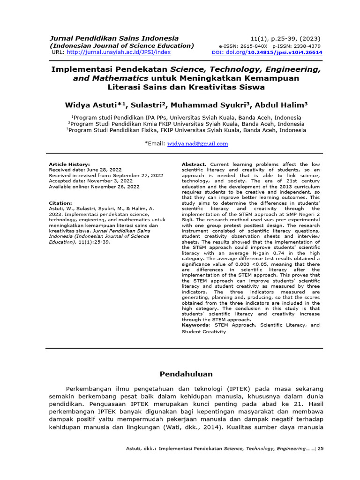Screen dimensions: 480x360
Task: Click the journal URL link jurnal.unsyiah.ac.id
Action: (x=119, y=52)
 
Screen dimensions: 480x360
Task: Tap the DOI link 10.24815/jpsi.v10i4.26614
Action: (x=285, y=52)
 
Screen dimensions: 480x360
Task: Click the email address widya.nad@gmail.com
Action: (x=197, y=144)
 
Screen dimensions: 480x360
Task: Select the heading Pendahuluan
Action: (x=186, y=374)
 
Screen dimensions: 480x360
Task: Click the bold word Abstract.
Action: (x=194, y=165)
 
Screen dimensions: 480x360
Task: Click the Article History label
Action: (x=69, y=165)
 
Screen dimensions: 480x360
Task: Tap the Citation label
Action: (x=60, y=203)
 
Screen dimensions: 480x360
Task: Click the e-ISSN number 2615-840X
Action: (x=255, y=46)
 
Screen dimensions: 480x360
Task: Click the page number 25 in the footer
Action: (x=321, y=449)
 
